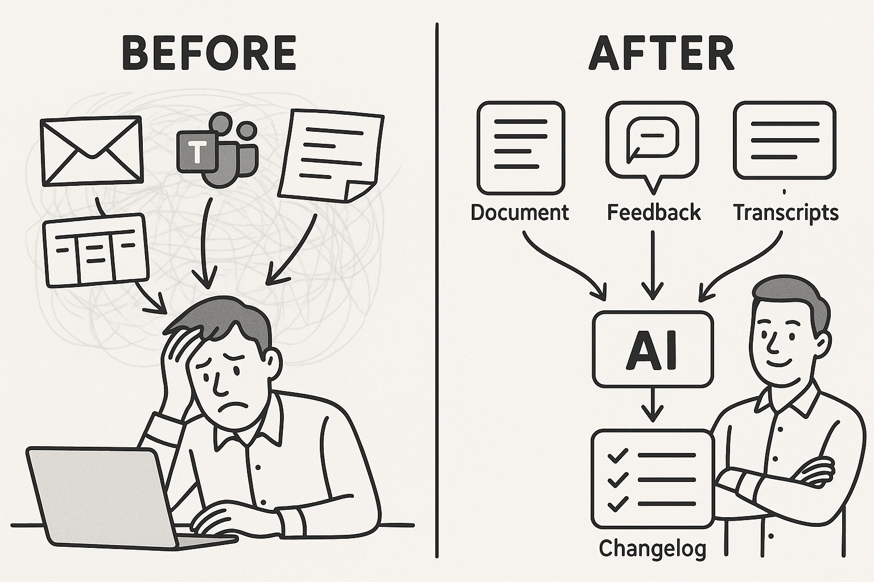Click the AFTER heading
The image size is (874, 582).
(x=661, y=54)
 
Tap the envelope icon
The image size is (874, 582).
(x=91, y=151)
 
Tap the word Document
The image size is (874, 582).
(x=520, y=213)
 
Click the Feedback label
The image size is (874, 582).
(x=653, y=213)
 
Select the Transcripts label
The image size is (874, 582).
(x=786, y=213)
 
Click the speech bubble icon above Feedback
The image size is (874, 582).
(x=652, y=142)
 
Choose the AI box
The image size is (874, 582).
(x=652, y=350)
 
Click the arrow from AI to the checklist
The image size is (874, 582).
(x=652, y=406)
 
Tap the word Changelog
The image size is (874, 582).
(x=652, y=548)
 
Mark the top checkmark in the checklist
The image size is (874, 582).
(x=617, y=456)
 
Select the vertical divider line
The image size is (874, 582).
(x=437, y=284)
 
